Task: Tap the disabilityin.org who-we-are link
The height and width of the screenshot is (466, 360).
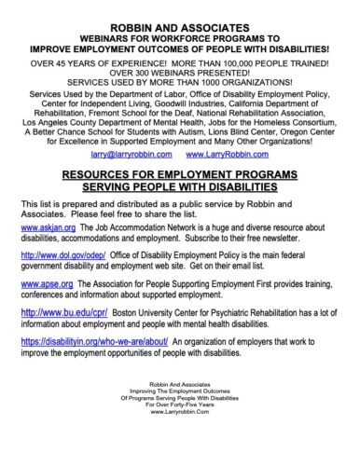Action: [79, 342]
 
